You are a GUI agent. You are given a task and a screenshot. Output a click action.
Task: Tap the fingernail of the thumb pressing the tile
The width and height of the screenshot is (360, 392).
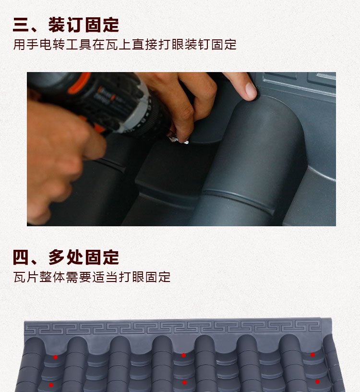[250, 89]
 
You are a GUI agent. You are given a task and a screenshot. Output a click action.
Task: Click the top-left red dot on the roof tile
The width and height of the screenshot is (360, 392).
[56, 357]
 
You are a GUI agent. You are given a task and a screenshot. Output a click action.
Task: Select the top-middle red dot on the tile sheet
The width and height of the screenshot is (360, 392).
[183, 355]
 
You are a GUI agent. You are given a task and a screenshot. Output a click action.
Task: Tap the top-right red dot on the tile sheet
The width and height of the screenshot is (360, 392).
[312, 355]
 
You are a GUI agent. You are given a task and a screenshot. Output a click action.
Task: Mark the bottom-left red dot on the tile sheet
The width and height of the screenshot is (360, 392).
[51, 385]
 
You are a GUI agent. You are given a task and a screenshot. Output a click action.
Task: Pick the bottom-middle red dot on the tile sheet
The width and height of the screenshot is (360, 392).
[184, 383]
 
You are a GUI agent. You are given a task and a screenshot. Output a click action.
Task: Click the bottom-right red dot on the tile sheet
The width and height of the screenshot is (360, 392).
[317, 381]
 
